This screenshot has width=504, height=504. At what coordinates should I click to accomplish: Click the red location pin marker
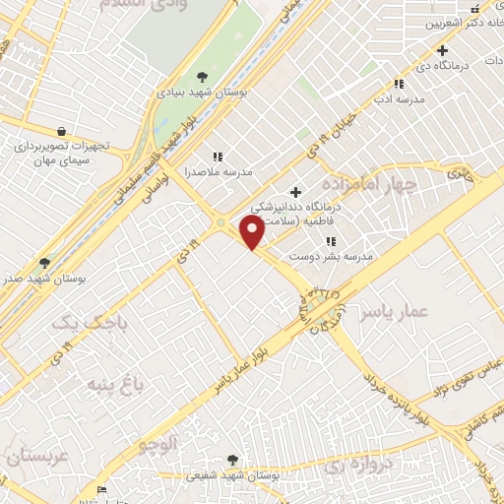coord(252,232)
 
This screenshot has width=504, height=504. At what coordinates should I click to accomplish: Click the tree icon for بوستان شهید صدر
coord(43,263)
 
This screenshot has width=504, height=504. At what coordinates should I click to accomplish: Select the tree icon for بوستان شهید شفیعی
coord(232,459)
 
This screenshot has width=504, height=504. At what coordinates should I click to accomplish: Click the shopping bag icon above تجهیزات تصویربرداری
coord(62,131)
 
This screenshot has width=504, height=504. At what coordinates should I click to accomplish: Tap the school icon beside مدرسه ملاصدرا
coord(218,156)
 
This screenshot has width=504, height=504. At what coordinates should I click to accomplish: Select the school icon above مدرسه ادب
coord(399,85)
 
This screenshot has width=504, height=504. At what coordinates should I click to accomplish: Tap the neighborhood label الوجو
coord(158,444)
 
